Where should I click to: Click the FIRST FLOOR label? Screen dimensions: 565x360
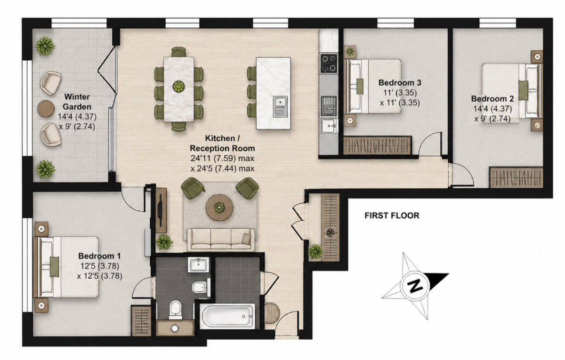click(392, 216)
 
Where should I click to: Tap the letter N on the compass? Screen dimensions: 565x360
click(414, 286)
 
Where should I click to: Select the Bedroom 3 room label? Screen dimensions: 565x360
click(400, 83)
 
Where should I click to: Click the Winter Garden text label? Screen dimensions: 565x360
click(77, 102)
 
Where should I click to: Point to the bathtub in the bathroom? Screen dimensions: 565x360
click(227, 316)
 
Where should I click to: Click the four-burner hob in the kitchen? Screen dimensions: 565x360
click(329, 63)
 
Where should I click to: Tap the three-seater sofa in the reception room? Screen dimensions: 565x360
click(221, 240)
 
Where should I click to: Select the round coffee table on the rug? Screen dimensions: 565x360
click(219, 208)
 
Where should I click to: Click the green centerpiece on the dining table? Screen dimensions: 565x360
click(178, 87)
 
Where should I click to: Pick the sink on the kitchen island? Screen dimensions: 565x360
click(280, 106)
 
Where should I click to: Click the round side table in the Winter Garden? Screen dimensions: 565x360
click(46, 109)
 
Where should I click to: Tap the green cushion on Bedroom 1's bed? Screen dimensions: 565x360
click(55, 267)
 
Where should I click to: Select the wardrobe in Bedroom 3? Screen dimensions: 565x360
click(377, 145)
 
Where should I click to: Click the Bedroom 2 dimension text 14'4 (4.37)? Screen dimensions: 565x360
click(492, 109)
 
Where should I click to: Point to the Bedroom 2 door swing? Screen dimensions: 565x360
click(462, 175)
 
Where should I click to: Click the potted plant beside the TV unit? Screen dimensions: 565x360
click(164, 242)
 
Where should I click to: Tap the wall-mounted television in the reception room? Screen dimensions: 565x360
click(160, 210)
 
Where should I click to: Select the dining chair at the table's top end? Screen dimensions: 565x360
click(178, 52)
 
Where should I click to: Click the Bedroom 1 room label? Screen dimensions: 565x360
click(99, 256)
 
